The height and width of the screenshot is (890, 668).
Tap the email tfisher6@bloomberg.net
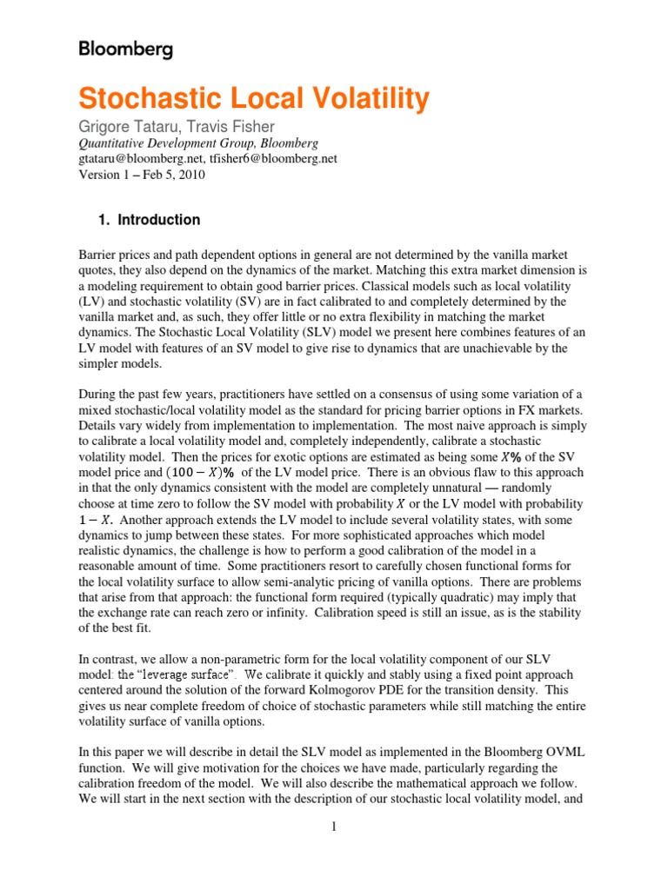coord(277,159)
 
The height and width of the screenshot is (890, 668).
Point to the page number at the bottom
coord(333,827)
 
